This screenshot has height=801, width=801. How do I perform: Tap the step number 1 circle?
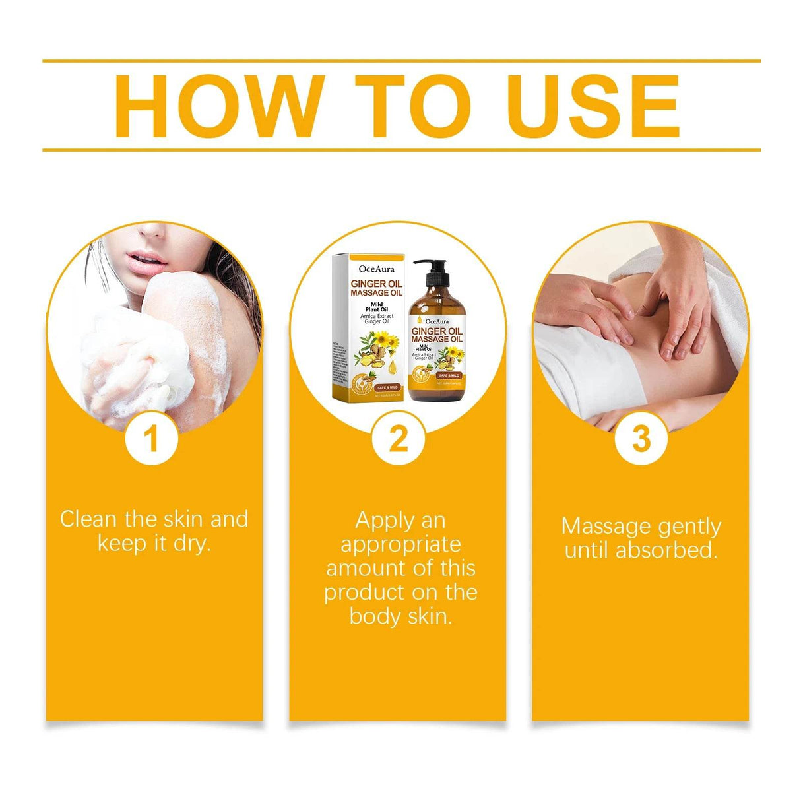pyautogui.click(x=152, y=439)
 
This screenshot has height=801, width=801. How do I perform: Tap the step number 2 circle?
pyautogui.click(x=398, y=439)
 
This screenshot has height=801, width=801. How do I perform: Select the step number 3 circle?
pyautogui.click(x=641, y=439)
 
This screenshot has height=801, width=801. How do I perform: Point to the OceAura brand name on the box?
pyautogui.click(x=376, y=269)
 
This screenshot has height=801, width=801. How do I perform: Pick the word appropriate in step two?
pyautogui.click(x=400, y=544)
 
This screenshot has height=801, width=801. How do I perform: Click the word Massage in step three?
pyautogui.click(x=606, y=527)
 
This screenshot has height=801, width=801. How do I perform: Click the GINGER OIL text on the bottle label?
pyautogui.click(x=437, y=331)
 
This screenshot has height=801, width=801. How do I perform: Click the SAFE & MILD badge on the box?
pyautogui.click(x=387, y=387)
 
